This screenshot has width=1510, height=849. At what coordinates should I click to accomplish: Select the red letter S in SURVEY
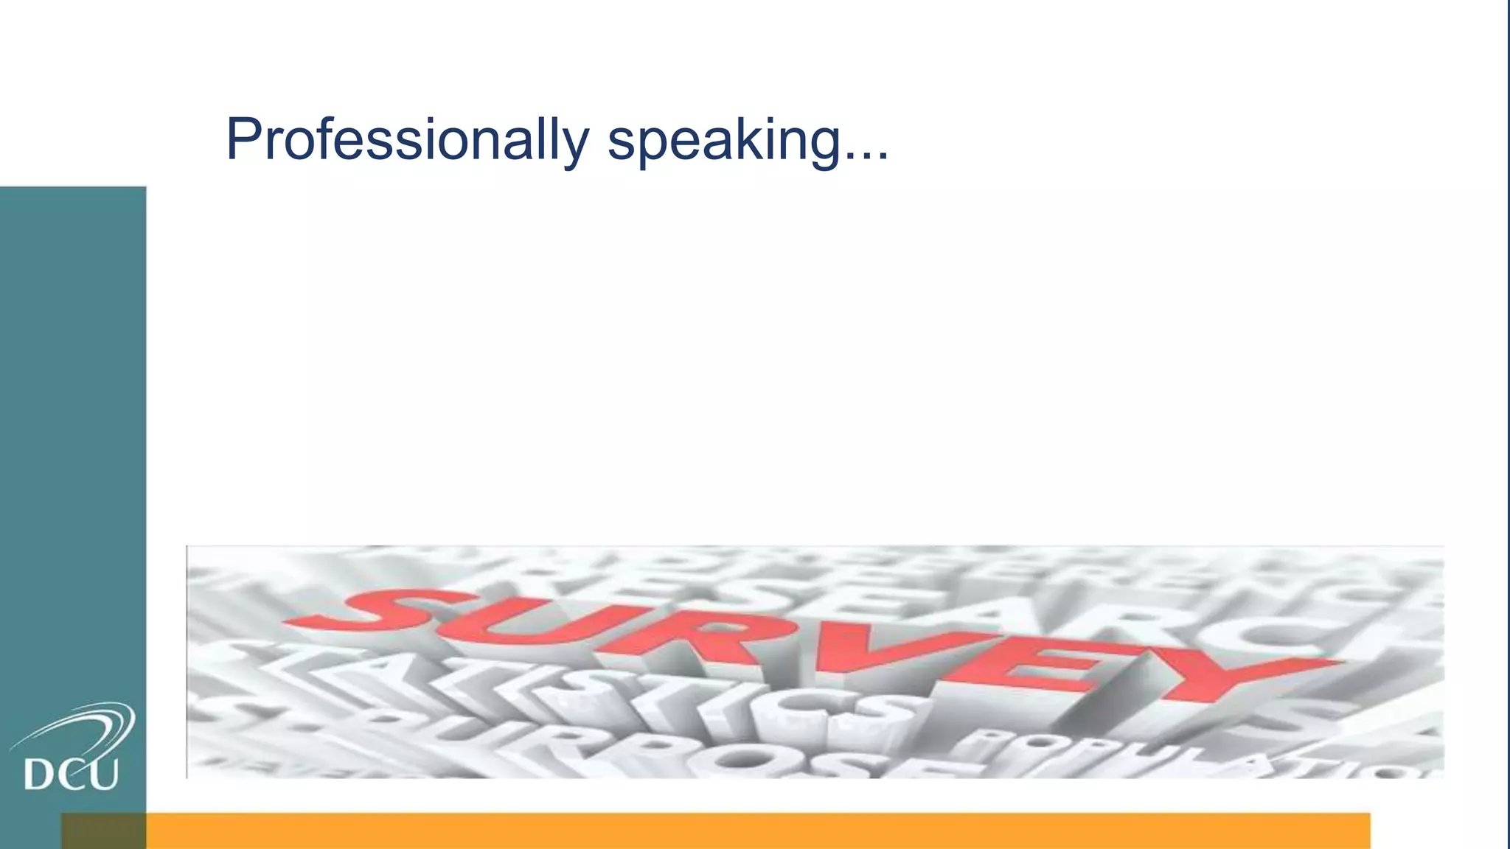pos(383,607)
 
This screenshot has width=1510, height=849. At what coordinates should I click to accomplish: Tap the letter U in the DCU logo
pos(104,775)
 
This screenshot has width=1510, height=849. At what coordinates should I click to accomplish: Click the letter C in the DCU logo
pos(72,775)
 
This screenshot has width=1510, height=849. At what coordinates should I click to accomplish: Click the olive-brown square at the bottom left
pos(103,831)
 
